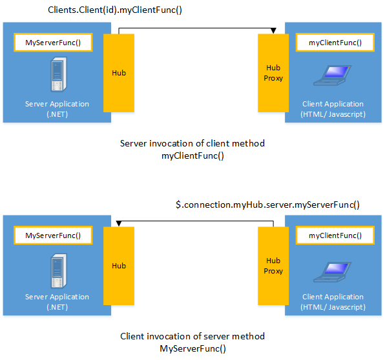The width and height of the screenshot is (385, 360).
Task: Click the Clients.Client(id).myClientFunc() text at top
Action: [x=115, y=10]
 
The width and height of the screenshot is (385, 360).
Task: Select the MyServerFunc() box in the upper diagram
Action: [x=53, y=43]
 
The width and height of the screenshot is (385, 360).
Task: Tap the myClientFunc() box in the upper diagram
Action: [x=335, y=43]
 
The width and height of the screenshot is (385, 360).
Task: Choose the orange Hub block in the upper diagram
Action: [x=119, y=73]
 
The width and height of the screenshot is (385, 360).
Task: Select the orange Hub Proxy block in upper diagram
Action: [x=273, y=73]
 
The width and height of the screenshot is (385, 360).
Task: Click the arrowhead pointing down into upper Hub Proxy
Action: [x=273, y=30]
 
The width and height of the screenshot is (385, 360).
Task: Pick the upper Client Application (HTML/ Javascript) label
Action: [x=333, y=109]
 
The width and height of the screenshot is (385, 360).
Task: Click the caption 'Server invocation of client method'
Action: [x=192, y=143]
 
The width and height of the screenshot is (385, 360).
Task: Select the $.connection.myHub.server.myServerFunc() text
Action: [x=267, y=205]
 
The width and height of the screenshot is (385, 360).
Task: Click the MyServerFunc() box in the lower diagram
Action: [x=53, y=236]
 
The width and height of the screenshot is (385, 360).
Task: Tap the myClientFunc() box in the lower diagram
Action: [x=335, y=236]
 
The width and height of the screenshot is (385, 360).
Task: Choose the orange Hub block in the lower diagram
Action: [x=119, y=266]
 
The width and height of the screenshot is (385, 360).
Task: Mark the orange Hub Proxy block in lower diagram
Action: [x=273, y=266]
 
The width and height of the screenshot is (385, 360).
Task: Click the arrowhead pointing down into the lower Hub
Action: [x=119, y=223]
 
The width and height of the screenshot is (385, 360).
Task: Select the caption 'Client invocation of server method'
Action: [x=192, y=336]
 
